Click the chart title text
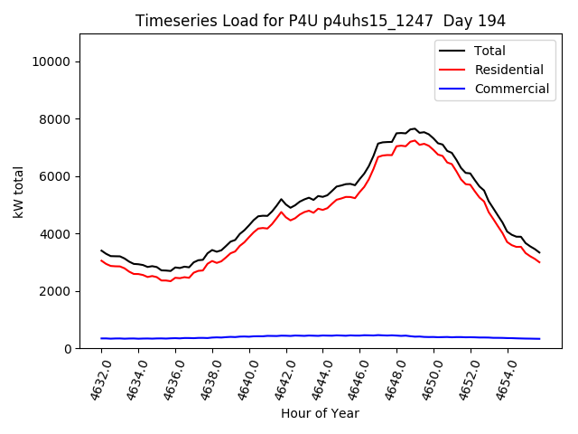click(x=321, y=21)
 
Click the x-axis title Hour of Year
click(x=320, y=413)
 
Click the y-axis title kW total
click(x=19, y=192)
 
